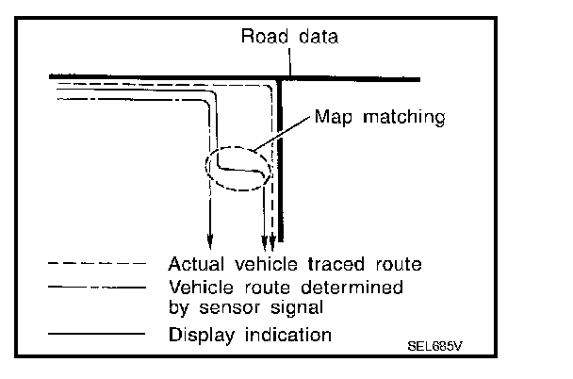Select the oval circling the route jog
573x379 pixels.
pos(237,169)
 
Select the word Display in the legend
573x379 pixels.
pos(196,334)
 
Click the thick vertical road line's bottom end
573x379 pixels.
pos(281,240)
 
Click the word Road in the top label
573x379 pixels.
pos(260,38)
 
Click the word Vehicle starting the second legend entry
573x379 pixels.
pos(198,286)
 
